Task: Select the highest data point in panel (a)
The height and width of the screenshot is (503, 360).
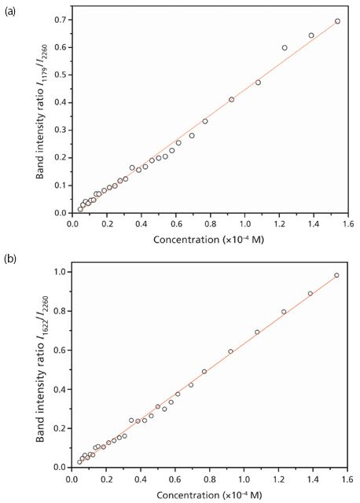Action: (338, 21)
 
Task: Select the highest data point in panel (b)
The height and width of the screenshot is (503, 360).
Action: (337, 275)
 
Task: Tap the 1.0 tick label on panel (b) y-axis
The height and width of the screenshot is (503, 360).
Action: (60, 273)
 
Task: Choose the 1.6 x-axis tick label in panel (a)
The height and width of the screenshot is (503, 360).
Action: (349, 224)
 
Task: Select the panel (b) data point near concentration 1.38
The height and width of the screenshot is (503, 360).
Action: (310, 294)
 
